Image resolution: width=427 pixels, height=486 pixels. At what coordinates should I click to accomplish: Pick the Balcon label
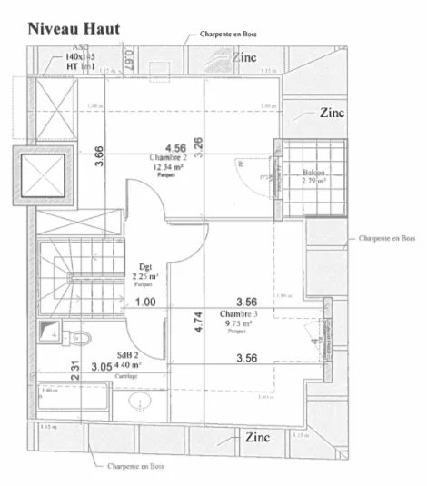point(314,172)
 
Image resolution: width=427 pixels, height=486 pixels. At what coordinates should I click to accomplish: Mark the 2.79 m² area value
point(314,181)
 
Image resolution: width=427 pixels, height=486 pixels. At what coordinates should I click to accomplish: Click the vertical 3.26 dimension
point(198,144)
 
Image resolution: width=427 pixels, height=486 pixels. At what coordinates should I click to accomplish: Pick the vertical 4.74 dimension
point(198,323)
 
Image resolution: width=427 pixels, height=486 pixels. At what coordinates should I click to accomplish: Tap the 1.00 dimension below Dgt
point(144,302)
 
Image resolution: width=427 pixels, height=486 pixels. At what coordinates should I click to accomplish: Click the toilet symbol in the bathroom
point(78,338)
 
